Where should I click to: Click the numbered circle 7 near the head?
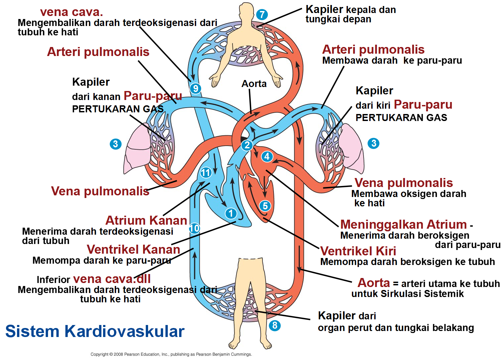262,15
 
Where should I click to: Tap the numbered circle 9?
195,88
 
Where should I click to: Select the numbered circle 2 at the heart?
247,145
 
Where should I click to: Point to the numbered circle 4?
267,156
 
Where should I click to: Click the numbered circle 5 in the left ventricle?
265,206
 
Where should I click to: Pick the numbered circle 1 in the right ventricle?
231,213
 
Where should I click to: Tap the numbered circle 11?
206,172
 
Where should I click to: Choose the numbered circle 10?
194,228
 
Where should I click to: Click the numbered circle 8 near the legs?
275,325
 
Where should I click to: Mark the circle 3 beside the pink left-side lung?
115,144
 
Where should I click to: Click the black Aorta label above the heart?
254,84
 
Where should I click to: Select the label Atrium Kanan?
146,220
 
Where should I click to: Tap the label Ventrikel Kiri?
358,251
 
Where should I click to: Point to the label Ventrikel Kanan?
133,249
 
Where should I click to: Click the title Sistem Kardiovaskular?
95,331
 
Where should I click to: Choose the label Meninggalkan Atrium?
403,224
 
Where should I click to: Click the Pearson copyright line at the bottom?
171,354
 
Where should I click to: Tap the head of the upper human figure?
246,12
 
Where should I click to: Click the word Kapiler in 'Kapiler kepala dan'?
324,9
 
